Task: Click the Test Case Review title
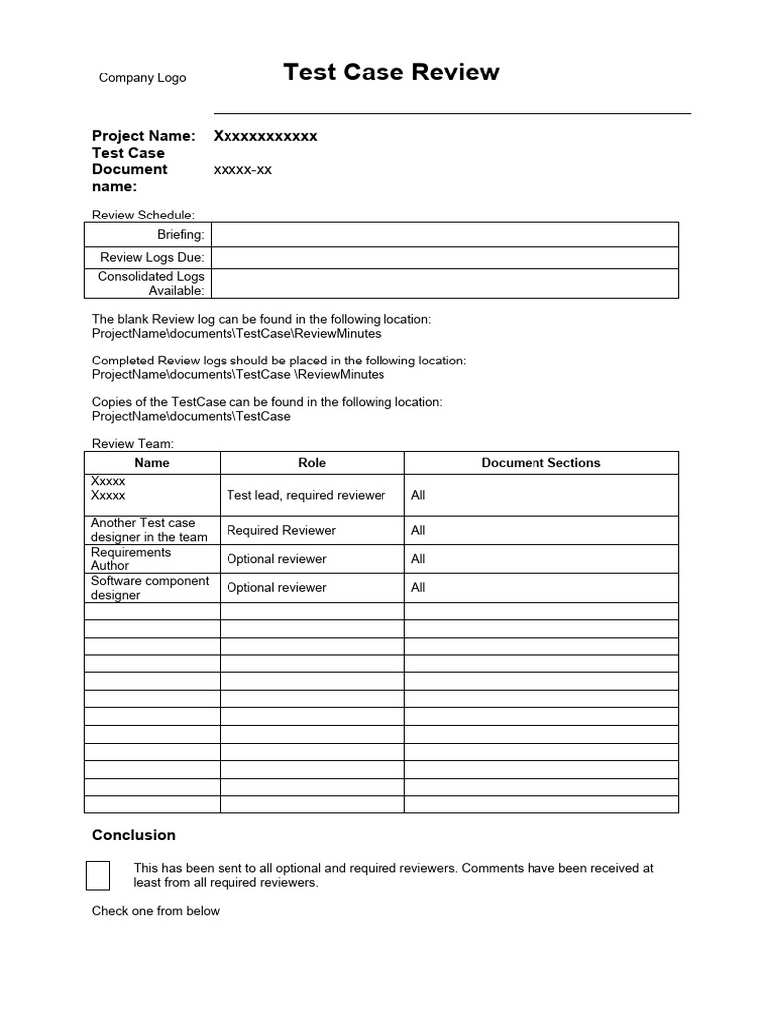click(x=391, y=73)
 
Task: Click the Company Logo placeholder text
click(x=142, y=78)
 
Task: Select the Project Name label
click(x=143, y=136)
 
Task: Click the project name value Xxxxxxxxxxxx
click(x=265, y=136)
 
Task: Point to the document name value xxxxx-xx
click(x=242, y=170)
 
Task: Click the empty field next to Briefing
click(x=444, y=234)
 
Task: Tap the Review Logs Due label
click(x=152, y=257)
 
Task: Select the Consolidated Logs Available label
click(x=151, y=283)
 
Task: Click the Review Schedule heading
click(x=143, y=215)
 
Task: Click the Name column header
click(x=152, y=463)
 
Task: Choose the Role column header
click(x=312, y=463)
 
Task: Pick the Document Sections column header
click(x=540, y=463)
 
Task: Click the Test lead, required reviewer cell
click(x=306, y=495)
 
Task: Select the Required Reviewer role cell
click(x=281, y=530)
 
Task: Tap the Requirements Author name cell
click(x=131, y=559)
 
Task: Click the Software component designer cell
click(x=150, y=588)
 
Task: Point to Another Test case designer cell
click(x=149, y=530)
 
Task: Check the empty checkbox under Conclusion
click(x=98, y=875)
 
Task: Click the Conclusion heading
click(x=134, y=835)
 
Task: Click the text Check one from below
click(x=156, y=911)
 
